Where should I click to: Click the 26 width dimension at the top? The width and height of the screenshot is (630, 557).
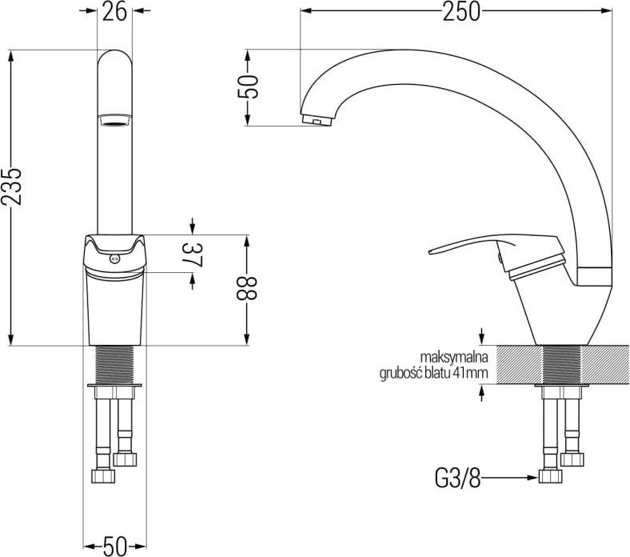pyautogui.click(x=114, y=11)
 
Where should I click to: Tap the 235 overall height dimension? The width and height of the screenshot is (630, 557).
pyautogui.click(x=11, y=186)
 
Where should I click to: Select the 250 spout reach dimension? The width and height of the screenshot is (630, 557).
pyautogui.click(x=461, y=11)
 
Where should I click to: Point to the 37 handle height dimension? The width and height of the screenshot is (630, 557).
pyautogui.click(x=193, y=255)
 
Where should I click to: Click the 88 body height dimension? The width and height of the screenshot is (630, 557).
pyautogui.click(x=246, y=288)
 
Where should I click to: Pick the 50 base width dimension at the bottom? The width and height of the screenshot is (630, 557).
pyautogui.click(x=114, y=546)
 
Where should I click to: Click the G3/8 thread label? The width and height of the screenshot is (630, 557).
pyautogui.click(x=457, y=478)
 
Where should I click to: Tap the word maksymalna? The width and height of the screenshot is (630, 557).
pyautogui.click(x=454, y=357)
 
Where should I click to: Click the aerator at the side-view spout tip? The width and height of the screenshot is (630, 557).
pyautogui.click(x=317, y=119)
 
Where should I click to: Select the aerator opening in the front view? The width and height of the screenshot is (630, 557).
pyautogui.click(x=114, y=121)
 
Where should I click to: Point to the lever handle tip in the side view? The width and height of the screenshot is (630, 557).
pyautogui.click(x=430, y=252)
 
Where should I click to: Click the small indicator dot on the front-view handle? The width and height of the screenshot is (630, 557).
pyautogui.click(x=114, y=259)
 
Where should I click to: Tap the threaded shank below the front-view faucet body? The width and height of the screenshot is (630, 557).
pyautogui.click(x=114, y=364)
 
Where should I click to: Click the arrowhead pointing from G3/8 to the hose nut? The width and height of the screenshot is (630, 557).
pyautogui.click(x=532, y=478)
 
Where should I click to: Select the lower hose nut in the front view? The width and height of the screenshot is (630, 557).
pyautogui.click(x=103, y=475)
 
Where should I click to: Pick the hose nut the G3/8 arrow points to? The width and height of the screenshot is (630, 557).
pyautogui.click(x=550, y=476)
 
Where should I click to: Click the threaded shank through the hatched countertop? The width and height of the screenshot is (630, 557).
pyautogui.click(x=562, y=365)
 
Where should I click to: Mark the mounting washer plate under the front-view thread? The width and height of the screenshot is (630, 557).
pyautogui.click(x=114, y=386)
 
